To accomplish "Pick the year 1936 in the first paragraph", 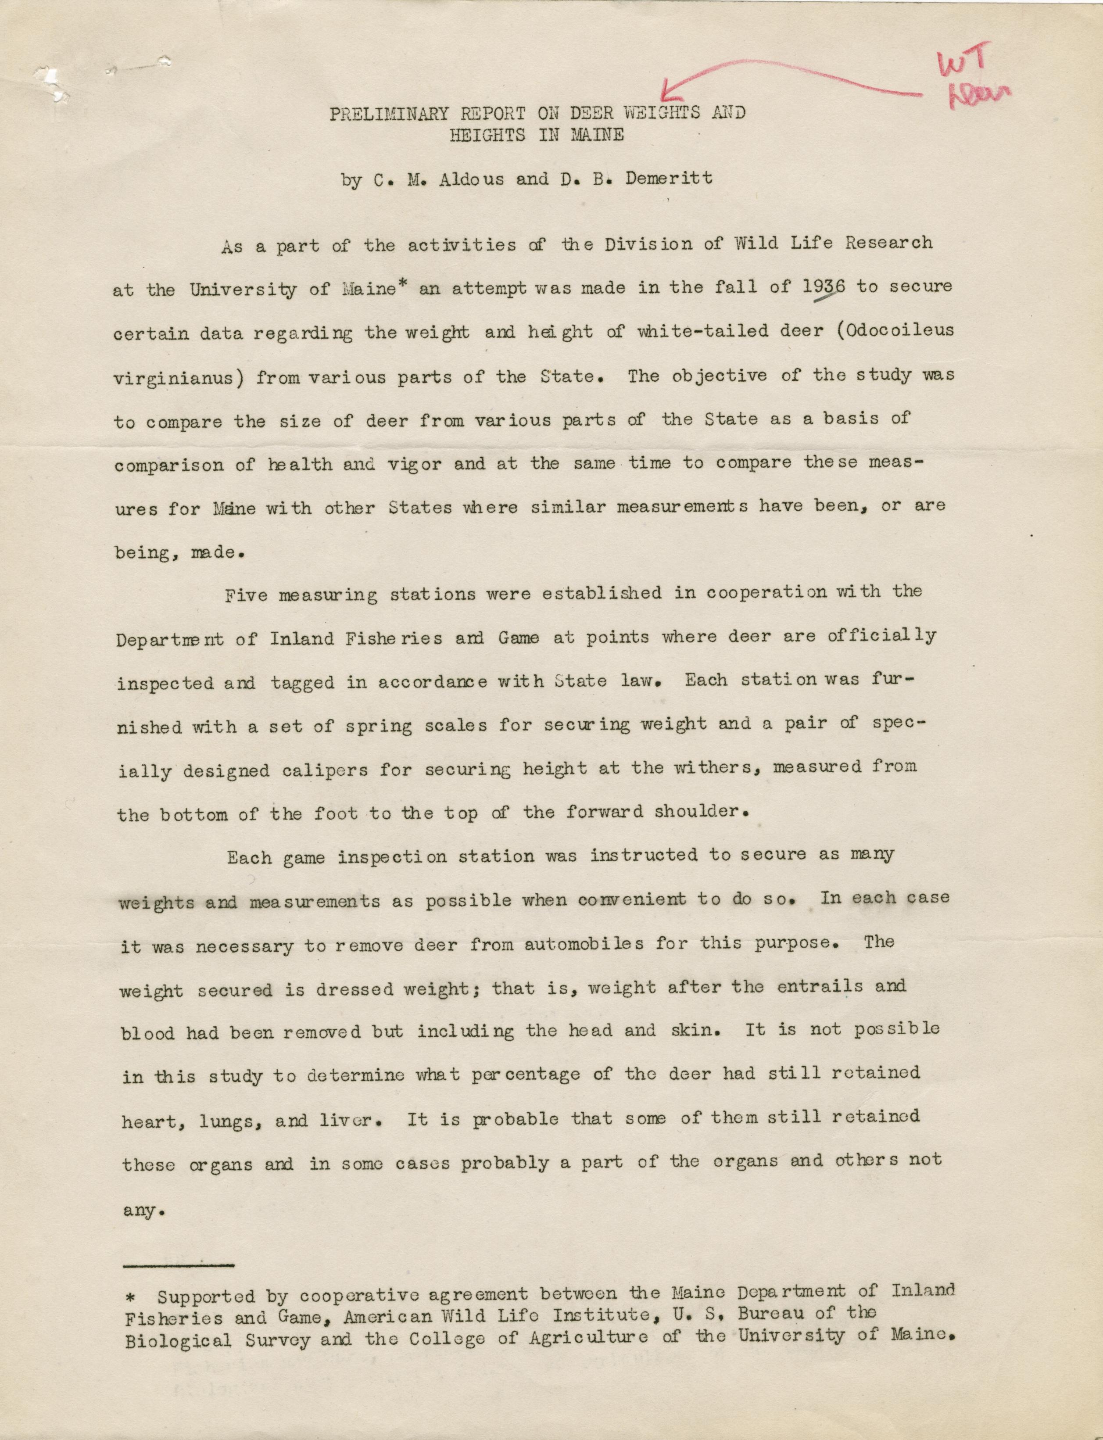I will (x=824, y=288).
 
